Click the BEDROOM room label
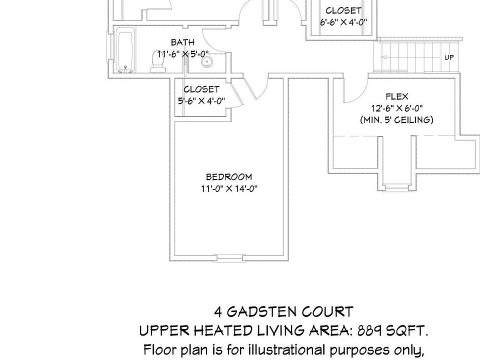229,177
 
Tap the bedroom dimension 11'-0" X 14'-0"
229,188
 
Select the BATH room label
183,42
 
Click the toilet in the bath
158,62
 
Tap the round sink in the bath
207,62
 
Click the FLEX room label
397,96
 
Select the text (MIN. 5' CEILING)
396,119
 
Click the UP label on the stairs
449,57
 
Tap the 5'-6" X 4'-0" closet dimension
201,100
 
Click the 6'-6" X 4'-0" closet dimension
343,22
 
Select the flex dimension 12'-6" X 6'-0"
397,108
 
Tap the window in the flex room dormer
396,187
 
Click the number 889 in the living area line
369,330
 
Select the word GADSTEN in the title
261,312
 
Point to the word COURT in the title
327,312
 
